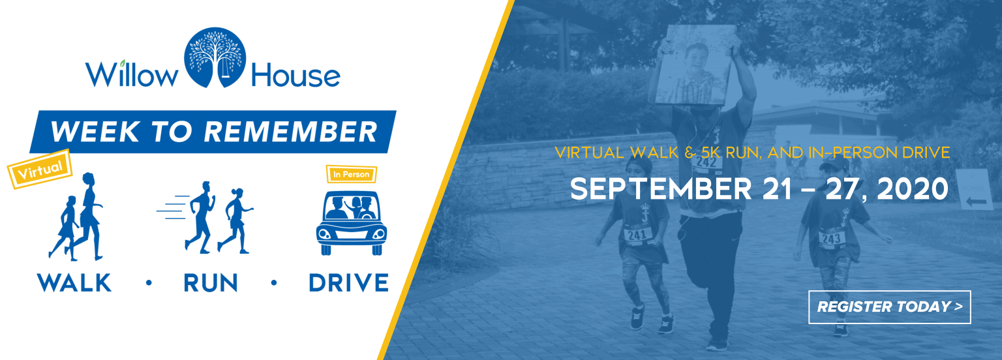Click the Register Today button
(889, 307)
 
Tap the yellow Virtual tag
(40, 169)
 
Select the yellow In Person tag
(351, 174)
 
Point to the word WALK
(74, 282)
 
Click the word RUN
(211, 282)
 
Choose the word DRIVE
(349, 282)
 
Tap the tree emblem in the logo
(215, 57)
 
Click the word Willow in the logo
(132, 74)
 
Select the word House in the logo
(296, 75)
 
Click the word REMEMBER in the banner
(291, 132)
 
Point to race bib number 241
(637, 234)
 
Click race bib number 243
(832, 238)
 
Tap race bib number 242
(706, 162)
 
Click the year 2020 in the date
(913, 188)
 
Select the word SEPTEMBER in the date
(661, 188)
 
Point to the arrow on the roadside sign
(976, 202)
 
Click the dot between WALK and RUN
(149, 282)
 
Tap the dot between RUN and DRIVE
(274, 282)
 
